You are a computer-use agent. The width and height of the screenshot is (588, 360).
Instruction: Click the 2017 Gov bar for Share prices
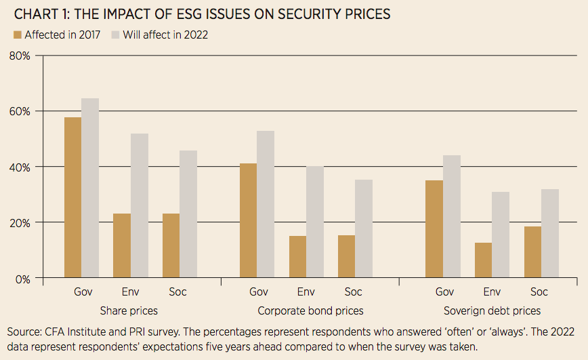72,197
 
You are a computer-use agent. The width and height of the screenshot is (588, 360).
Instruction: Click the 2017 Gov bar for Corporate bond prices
249,220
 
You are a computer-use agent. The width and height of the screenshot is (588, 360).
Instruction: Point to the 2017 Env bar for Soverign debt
483,260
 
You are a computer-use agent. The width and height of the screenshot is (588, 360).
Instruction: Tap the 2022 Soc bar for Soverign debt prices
549,233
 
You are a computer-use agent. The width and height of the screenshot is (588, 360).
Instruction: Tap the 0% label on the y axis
23,278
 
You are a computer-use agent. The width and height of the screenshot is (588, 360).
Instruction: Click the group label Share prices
129,311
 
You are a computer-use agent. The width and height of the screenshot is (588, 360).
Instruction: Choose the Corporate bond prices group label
311,311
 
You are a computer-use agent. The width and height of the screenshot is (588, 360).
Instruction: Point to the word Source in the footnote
24,332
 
